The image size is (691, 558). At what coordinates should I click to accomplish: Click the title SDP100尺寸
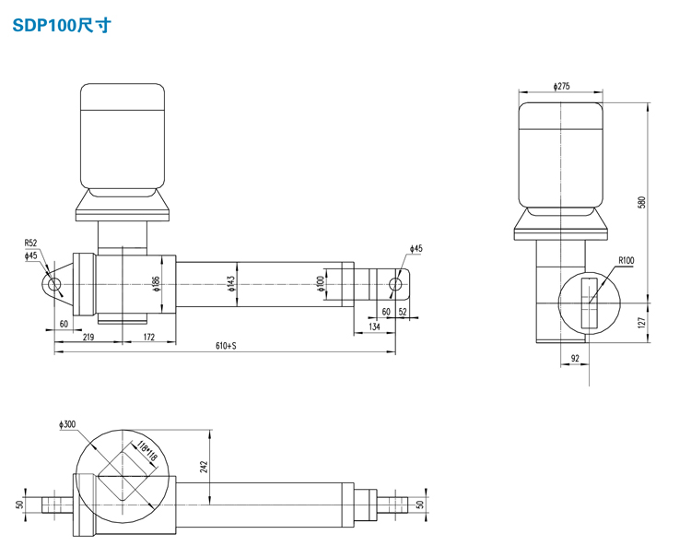[61, 26]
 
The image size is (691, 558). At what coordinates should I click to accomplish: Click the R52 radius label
[31, 244]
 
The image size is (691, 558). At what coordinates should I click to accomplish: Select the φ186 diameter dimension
[158, 283]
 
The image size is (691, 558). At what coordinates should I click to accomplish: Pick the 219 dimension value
[88, 338]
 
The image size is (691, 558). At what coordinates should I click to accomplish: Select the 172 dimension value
[148, 338]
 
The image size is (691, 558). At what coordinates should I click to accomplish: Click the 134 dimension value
[374, 326]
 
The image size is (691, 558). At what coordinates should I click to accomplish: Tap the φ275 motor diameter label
[561, 86]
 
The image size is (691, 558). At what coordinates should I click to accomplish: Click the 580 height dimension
[642, 202]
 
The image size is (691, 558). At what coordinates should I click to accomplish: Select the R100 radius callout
[627, 261]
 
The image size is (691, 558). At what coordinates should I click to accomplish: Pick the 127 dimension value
[642, 323]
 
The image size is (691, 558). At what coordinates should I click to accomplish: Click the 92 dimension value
[574, 358]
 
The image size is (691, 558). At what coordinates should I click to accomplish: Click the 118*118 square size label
[144, 451]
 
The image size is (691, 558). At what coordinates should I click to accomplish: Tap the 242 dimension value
[205, 469]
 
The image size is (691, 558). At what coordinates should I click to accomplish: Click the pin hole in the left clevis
[54, 284]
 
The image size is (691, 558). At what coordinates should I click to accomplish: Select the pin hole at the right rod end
[397, 283]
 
